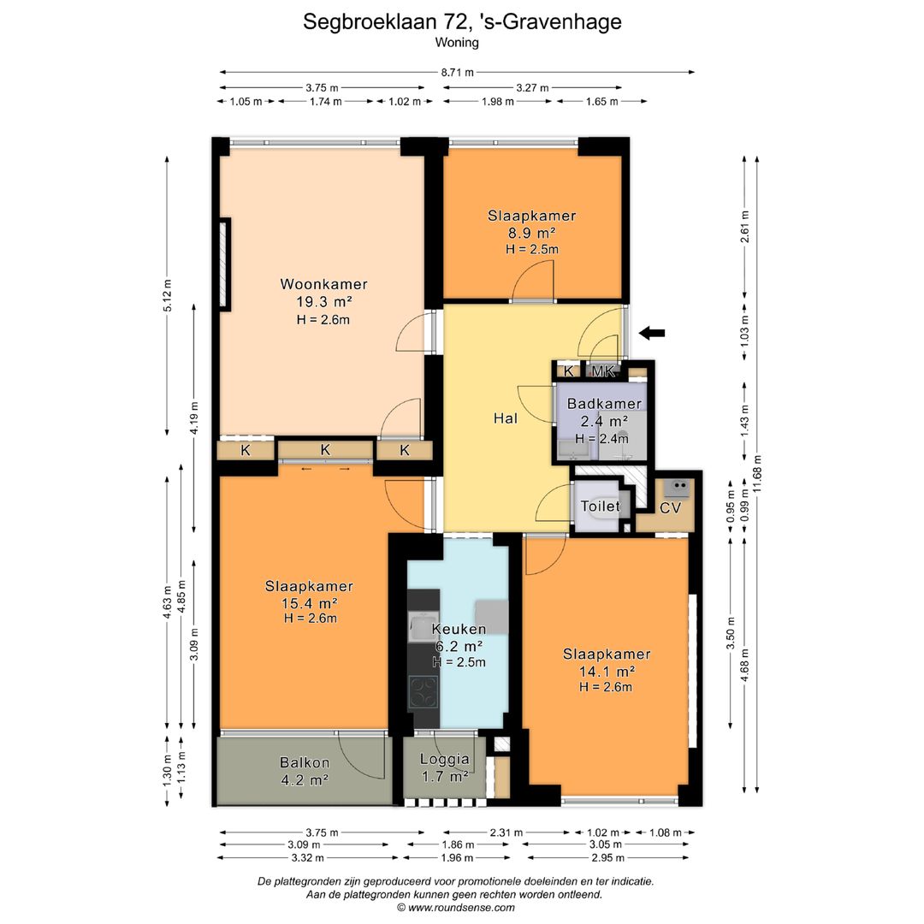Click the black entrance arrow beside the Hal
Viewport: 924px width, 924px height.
coord(654,333)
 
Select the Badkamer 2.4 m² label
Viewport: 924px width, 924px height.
coord(604,412)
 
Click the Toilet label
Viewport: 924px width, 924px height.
coord(600,506)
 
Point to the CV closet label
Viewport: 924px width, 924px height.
coord(671,507)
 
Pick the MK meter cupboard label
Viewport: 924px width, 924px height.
coord(604,371)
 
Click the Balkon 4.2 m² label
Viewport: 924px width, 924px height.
coord(305,771)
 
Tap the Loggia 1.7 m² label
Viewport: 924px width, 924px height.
coord(444,767)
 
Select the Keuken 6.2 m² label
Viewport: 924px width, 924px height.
coord(459,637)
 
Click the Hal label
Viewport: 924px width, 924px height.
coord(505,418)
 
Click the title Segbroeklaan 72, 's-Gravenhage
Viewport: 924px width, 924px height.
coord(462,21)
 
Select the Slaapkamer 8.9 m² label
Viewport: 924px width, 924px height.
coord(531,223)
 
